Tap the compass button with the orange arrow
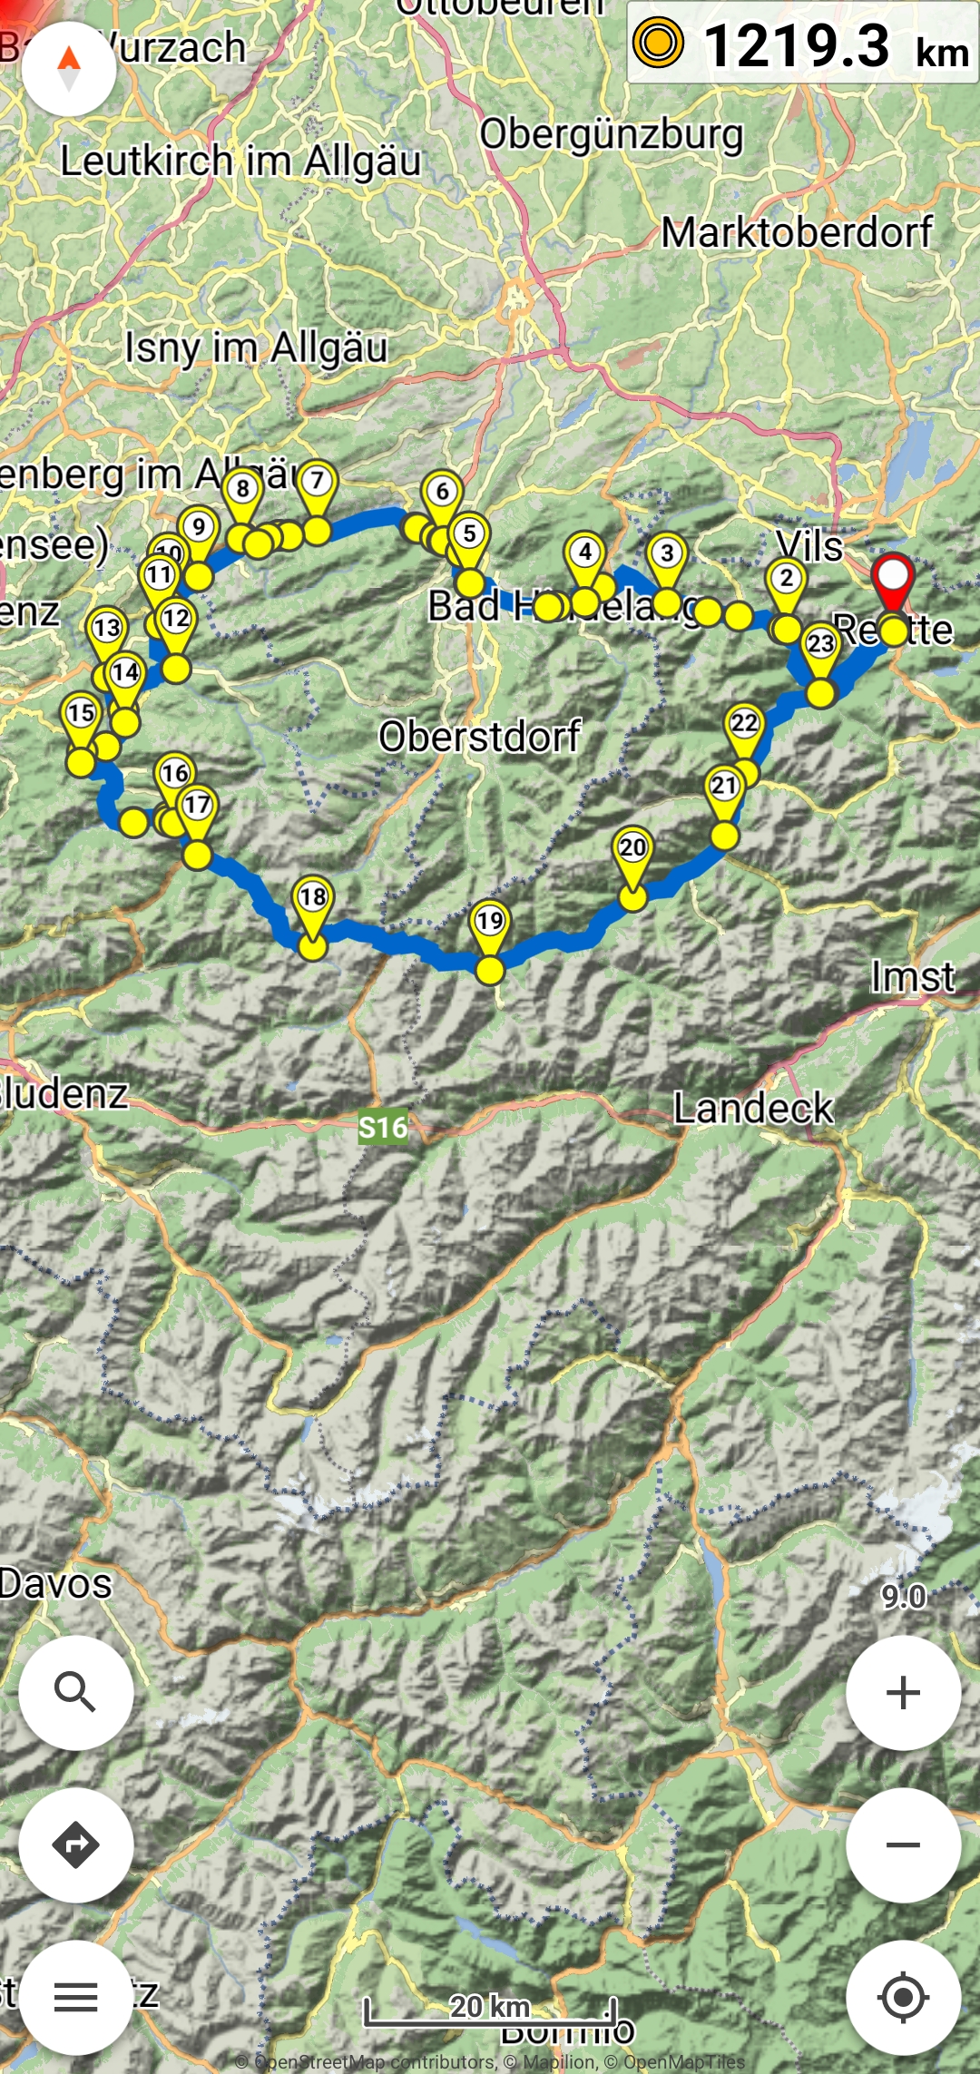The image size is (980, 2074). coord(69,69)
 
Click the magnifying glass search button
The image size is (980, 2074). coord(76,1692)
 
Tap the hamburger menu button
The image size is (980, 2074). coord(76,1997)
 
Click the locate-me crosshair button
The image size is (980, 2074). coord(903,1997)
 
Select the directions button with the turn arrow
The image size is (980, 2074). coord(76,1844)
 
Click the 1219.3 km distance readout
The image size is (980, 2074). coord(802,45)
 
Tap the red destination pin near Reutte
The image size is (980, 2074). coord(893,581)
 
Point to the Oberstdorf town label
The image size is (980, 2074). coord(479,737)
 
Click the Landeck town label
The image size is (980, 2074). coord(752,1109)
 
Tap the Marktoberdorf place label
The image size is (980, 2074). coord(796,232)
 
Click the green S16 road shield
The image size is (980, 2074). coord(383,1127)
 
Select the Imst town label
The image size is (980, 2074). coord(912,977)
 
